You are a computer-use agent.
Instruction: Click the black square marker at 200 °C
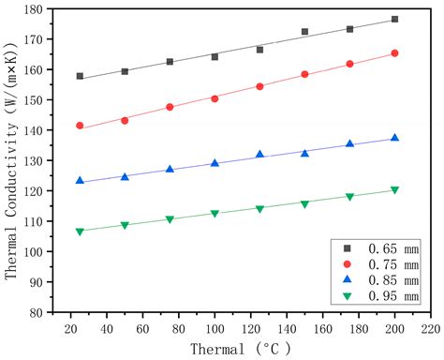tap(394, 19)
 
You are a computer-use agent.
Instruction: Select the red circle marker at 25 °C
tap(80, 126)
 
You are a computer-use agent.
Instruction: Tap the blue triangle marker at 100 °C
tap(215, 163)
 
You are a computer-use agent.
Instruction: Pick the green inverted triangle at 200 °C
tap(394, 190)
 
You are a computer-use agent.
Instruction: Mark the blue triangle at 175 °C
tap(349, 143)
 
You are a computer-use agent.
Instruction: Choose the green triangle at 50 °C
tap(125, 226)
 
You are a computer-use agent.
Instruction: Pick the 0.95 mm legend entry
tap(376, 297)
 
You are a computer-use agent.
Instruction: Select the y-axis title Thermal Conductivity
tap(12, 159)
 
